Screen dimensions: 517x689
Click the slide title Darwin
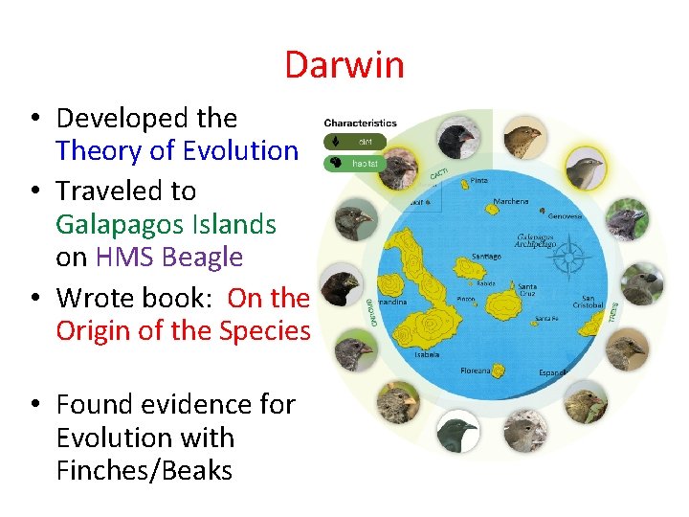344,65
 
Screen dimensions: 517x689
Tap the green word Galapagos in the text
105,225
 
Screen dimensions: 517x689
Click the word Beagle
202,258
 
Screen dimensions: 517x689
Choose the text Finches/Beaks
144,471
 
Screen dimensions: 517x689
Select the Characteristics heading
360,123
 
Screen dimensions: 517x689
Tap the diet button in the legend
357,142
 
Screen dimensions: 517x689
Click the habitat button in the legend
357,163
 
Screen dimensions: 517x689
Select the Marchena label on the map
510,202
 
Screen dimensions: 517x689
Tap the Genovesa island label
566,217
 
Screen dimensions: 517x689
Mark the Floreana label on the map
475,370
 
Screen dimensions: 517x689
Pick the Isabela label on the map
427,353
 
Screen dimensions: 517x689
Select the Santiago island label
486,256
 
